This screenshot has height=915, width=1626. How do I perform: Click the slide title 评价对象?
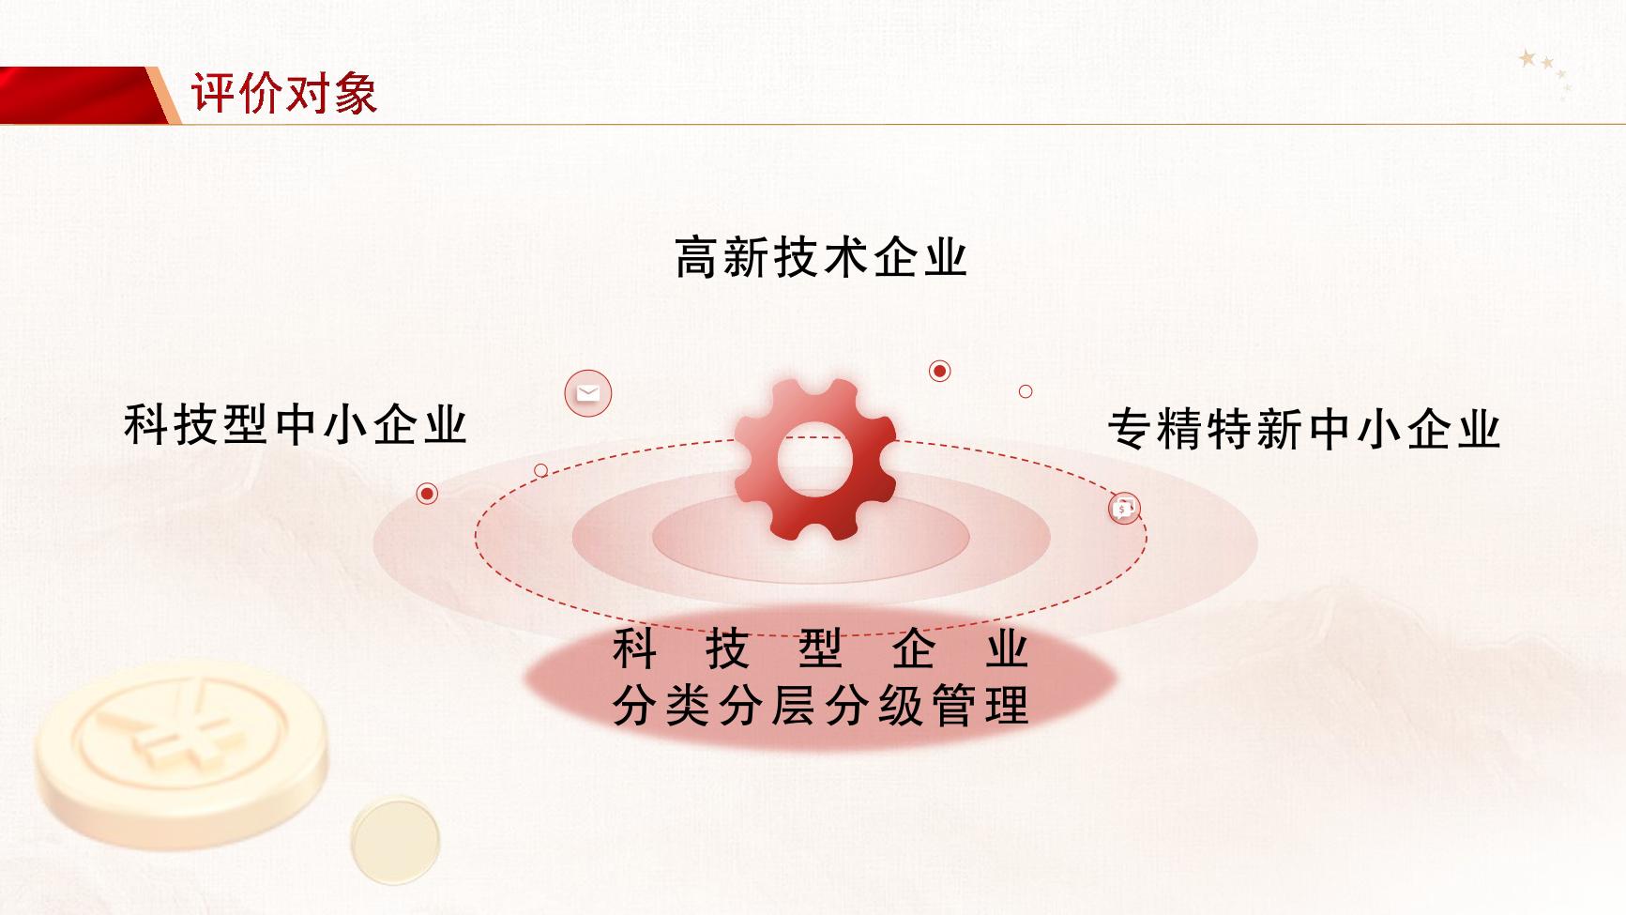[284, 93]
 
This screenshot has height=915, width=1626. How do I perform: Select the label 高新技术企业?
[821, 257]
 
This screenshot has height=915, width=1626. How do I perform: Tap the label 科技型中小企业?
[296, 424]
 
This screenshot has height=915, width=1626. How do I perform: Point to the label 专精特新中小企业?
[1304, 429]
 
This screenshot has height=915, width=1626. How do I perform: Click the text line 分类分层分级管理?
[821, 706]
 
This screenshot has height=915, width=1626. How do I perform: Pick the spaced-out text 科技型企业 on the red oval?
[821, 648]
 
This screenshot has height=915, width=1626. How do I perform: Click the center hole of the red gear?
[815, 458]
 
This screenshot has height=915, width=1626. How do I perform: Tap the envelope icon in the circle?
[588, 393]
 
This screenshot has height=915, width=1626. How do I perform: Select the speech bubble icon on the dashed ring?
[1124, 509]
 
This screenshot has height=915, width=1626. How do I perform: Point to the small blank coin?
[396, 840]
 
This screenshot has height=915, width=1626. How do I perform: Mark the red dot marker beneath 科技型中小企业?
[427, 494]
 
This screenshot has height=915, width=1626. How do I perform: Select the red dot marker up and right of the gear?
[939, 371]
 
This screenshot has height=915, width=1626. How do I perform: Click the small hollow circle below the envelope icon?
[540, 470]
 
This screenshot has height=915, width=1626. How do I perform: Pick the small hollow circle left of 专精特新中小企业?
[1026, 391]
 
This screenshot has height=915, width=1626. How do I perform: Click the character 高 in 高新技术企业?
[698, 257]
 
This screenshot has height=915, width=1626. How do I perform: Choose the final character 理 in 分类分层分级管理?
[1008, 706]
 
